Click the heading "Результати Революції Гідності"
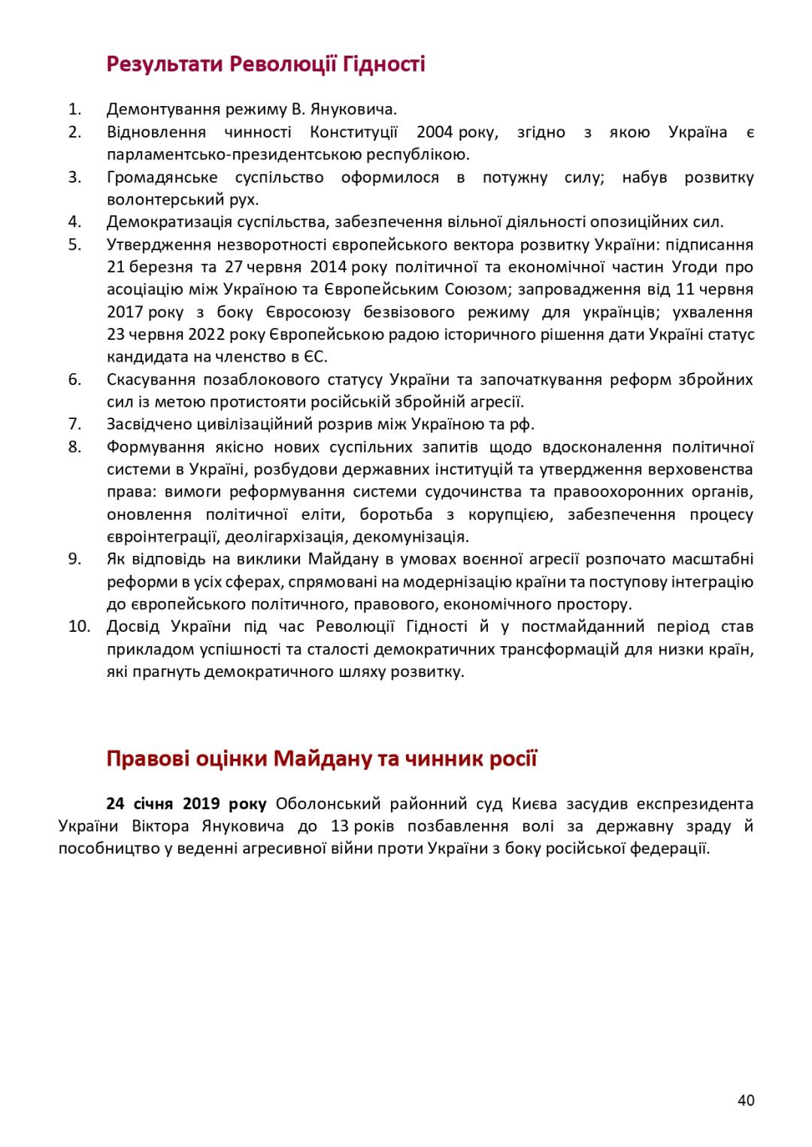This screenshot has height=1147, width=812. click(265, 64)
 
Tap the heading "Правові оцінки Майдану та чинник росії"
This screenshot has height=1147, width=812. click(321, 757)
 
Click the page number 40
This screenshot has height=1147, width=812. click(745, 1100)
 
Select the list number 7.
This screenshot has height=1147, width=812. click(74, 424)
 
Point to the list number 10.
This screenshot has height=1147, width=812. click(79, 627)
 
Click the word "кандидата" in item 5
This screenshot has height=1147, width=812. click(142, 357)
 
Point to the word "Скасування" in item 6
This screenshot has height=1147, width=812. click(149, 380)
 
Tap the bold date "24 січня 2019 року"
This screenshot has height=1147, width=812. click(186, 804)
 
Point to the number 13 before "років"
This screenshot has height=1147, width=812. click(339, 827)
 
